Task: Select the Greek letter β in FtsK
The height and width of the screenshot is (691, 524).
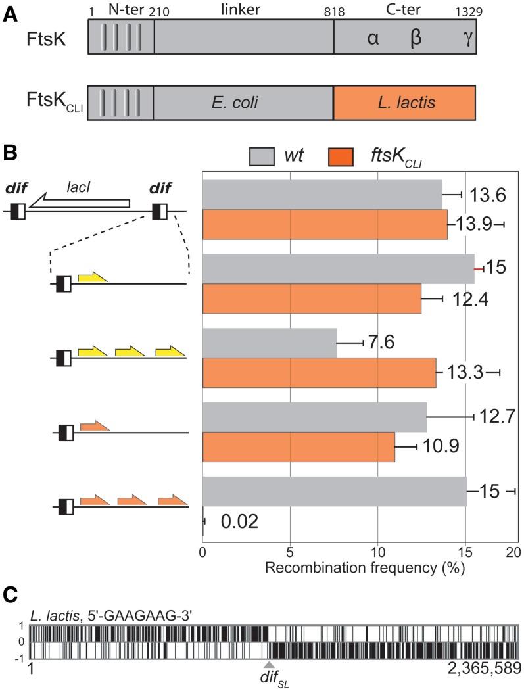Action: (x=416, y=38)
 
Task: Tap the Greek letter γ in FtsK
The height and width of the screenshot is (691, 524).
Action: (x=467, y=38)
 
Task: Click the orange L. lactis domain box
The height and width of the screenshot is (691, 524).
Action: (x=404, y=102)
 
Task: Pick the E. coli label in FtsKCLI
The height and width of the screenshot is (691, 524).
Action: (x=243, y=103)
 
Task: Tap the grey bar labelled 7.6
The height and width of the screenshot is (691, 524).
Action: (x=269, y=343)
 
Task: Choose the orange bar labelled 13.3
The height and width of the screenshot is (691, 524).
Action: (x=319, y=373)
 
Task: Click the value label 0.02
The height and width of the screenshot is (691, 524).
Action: (x=239, y=522)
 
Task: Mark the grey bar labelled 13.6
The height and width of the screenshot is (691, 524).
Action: (x=322, y=193)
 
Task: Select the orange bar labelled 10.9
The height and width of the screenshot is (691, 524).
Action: (x=298, y=447)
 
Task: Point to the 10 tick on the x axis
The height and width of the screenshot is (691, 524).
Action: (x=377, y=550)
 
